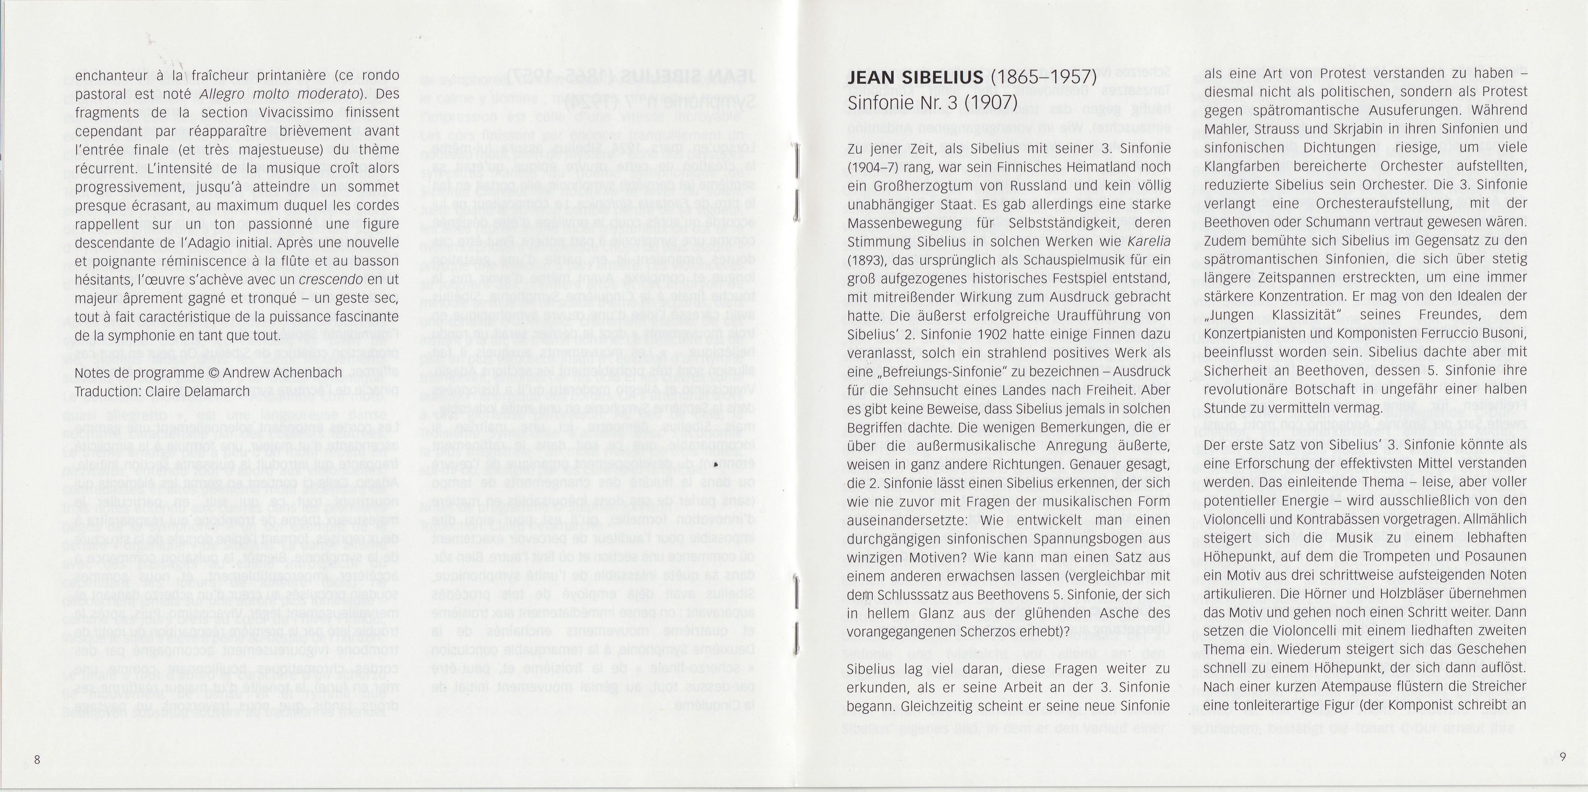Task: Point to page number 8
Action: (x=37, y=760)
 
